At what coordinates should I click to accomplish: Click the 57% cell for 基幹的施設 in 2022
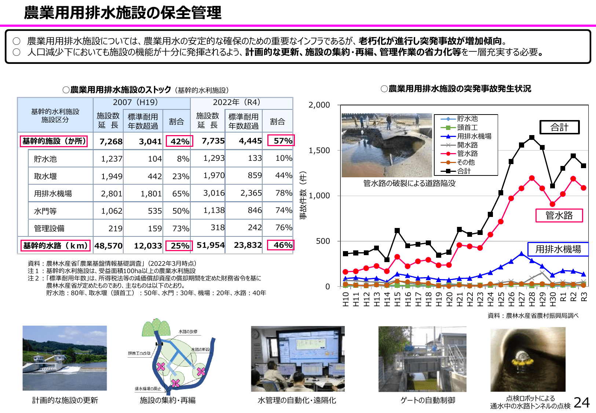point(281,141)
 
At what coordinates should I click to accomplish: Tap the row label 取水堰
point(45,176)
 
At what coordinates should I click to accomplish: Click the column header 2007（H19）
point(135,102)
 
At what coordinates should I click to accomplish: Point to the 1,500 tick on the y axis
point(319,151)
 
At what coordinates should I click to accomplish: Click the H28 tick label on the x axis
point(532,297)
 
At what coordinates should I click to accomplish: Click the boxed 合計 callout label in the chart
point(559,127)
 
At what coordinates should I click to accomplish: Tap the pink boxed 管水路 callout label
point(559,215)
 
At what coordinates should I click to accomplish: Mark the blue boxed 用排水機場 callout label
point(558,249)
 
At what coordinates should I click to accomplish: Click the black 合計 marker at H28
point(532,138)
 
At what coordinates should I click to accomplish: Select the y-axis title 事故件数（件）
point(303,195)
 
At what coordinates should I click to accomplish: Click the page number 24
point(582,403)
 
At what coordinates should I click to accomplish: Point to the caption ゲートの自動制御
point(428,401)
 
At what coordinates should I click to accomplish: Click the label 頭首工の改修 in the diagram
point(139,353)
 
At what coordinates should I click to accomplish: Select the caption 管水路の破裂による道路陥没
point(409,183)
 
